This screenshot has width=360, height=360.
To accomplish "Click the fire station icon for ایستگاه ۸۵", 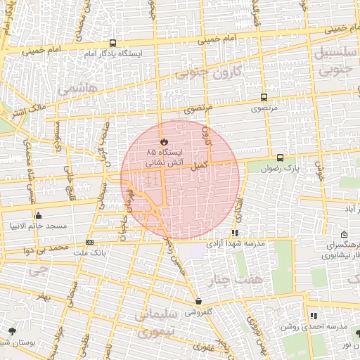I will coord(164,141).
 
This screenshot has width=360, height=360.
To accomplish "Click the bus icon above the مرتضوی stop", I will coord(264,98).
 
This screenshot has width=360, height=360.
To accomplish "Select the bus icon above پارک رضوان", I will coord(281,157).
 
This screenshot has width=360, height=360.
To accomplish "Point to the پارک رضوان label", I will coord(291,169).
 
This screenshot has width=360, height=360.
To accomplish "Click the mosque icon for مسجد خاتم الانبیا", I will coord(37,215).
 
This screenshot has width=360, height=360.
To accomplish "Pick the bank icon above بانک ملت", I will coord(89,241).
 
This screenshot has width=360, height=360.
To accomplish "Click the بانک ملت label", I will coord(90,251).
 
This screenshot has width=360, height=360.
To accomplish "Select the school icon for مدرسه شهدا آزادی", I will coord(235,232).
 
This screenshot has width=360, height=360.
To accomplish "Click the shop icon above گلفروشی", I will coord(199,301).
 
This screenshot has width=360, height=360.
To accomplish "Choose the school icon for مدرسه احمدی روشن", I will coord(313,316).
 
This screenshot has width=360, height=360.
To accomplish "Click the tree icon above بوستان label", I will coord(11,330).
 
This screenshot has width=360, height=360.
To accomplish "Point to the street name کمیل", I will coord(200,163).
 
